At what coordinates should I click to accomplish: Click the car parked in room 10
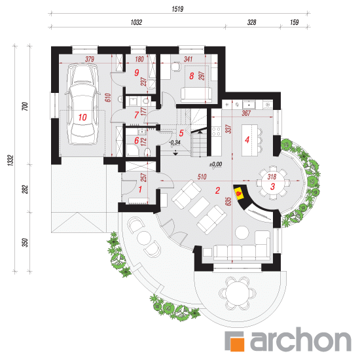(x=82, y=105)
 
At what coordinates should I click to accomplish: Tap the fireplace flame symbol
(x=239, y=194)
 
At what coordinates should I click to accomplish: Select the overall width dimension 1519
(x=177, y=9)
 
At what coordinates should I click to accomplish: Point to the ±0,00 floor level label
(x=215, y=164)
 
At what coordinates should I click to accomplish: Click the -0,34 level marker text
(x=175, y=142)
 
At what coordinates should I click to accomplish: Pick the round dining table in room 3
(x=272, y=183)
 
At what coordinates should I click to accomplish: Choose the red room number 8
(x=192, y=76)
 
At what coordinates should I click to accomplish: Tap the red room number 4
(x=247, y=139)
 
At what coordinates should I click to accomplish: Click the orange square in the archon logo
(x=238, y=344)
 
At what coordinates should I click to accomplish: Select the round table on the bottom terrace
(x=237, y=293)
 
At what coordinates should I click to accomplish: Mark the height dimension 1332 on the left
(x=10, y=160)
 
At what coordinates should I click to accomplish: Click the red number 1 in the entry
(x=140, y=189)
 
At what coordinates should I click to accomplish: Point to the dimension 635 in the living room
(x=228, y=202)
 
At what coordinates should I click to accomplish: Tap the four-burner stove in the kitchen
(x=216, y=132)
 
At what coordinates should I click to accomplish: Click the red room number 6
(x=137, y=140)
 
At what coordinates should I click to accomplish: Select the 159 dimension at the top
(x=294, y=22)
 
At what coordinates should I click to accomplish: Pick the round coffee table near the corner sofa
(x=242, y=232)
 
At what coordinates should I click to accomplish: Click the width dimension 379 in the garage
(x=90, y=59)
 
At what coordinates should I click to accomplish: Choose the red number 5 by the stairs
(x=181, y=133)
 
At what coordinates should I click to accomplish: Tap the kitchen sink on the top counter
(x=249, y=105)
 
